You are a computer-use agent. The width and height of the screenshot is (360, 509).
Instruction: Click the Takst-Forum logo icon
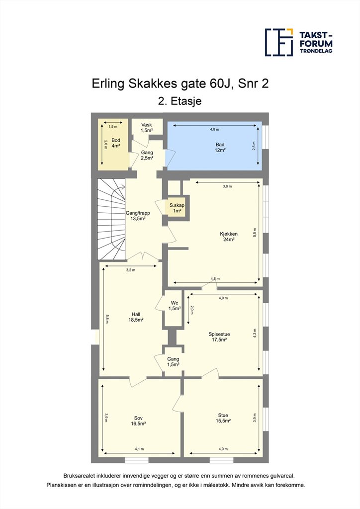click(x=279, y=42)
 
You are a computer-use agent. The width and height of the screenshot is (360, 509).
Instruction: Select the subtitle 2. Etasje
click(x=180, y=101)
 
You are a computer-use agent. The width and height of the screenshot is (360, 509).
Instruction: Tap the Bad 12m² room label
click(x=220, y=147)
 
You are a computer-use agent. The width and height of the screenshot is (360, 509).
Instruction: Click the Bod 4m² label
click(x=116, y=143)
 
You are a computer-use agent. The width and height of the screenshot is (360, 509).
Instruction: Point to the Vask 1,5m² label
click(x=146, y=128)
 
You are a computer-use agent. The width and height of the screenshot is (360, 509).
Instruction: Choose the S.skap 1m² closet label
click(x=177, y=208)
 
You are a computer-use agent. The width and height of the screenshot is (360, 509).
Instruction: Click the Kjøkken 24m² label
click(x=229, y=237)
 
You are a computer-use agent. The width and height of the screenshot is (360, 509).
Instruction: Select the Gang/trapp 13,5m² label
click(x=138, y=216)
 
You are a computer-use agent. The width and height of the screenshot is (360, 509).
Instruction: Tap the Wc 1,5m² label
click(x=175, y=306)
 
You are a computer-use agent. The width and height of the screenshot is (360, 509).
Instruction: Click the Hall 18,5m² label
click(x=136, y=317)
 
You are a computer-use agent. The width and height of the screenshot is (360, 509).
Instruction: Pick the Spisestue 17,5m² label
click(x=219, y=337)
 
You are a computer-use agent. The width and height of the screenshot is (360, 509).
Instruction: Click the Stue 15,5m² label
click(x=223, y=418)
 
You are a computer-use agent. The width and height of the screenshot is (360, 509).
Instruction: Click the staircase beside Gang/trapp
click(x=111, y=219)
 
